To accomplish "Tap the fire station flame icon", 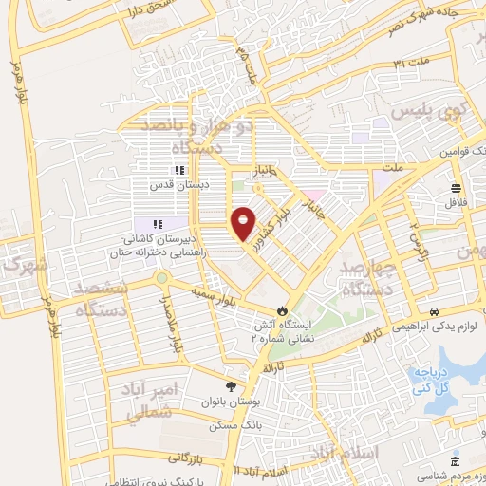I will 282,310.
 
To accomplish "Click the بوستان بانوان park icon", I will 231,385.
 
